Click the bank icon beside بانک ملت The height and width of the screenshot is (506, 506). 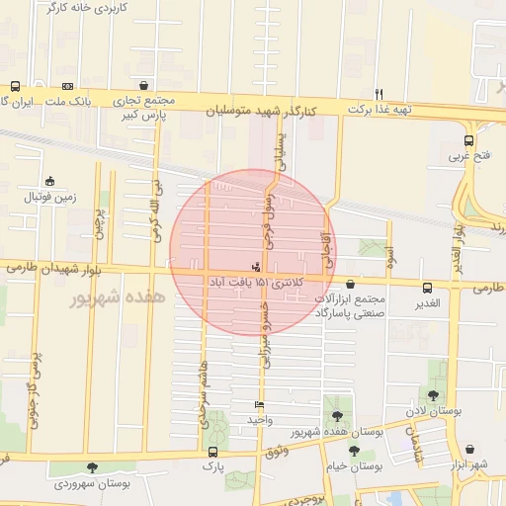pos(67,86)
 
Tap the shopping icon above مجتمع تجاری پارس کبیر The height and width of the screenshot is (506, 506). pos(145,86)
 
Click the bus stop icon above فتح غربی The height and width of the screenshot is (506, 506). pos(468,140)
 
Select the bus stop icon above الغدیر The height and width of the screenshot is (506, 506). pos(427,288)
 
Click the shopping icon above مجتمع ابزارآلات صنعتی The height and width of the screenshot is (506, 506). pos(350,284)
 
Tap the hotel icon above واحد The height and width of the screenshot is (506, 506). pos(259,404)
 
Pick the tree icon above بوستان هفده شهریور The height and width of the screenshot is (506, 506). pos(337,416)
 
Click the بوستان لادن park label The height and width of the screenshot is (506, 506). pos(433,409)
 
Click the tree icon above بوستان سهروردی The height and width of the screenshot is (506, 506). pos(92,468)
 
